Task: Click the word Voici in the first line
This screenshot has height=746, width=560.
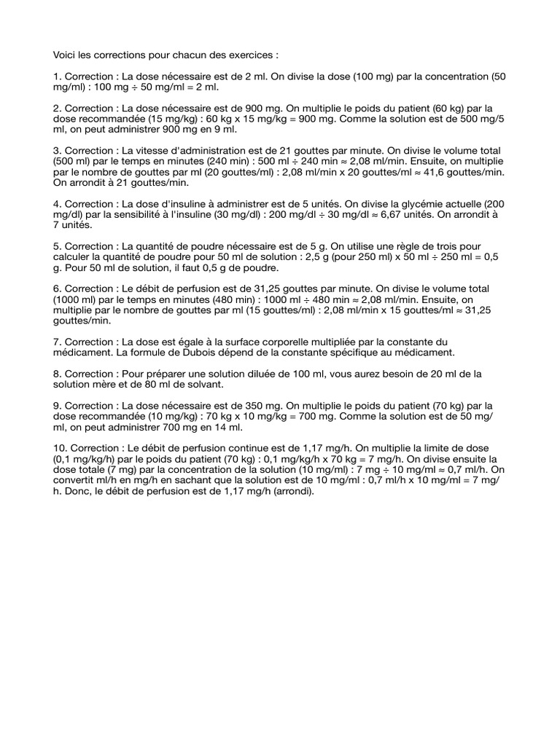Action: point(65,55)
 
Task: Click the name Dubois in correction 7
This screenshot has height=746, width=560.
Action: point(187,353)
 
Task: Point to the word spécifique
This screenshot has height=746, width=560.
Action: point(353,353)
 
